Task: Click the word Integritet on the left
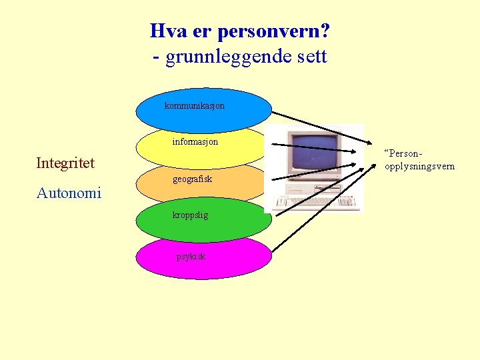[x=65, y=163]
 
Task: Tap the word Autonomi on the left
[x=69, y=193]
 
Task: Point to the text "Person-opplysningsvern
[x=419, y=160]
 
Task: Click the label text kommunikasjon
[x=194, y=105]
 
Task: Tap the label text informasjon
[x=195, y=141]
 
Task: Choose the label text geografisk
[x=192, y=179]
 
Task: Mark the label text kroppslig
[x=190, y=215]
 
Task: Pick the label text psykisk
[x=191, y=256]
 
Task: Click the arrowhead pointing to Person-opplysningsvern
[x=373, y=143]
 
